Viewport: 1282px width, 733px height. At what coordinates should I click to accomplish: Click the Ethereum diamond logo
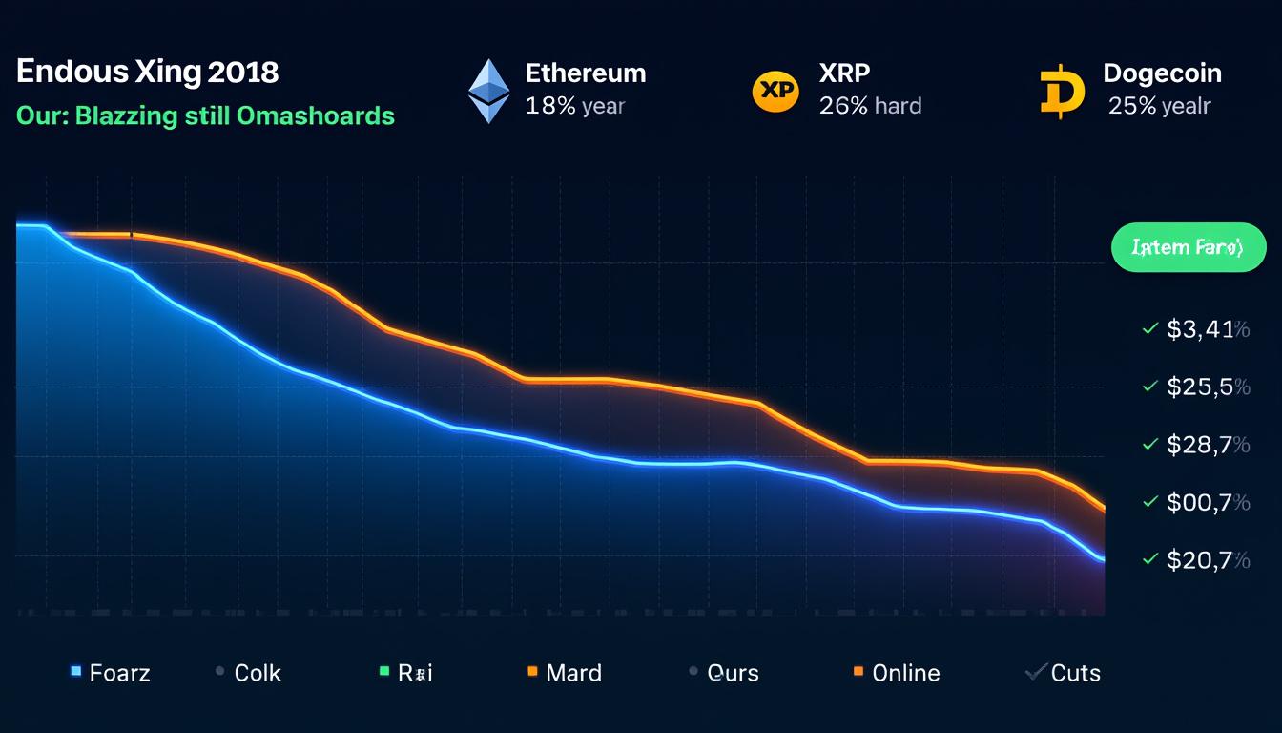488,91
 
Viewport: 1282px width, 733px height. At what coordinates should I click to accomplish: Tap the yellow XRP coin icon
775,91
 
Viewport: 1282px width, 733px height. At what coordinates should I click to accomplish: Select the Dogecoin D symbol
1062,92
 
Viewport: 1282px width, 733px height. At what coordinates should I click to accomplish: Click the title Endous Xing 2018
148,73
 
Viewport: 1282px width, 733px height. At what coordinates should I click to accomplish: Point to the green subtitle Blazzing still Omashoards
205,116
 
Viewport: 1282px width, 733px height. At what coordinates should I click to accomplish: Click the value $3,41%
1208,330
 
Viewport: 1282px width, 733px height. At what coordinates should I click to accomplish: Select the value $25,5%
1208,387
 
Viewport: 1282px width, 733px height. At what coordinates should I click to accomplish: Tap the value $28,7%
1208,445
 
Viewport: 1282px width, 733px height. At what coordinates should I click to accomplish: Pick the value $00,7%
1208,502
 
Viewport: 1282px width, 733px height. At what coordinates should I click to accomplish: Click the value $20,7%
1208,559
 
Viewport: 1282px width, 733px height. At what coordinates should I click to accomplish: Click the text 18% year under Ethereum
574,106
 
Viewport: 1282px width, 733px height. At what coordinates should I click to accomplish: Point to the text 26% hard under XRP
870,106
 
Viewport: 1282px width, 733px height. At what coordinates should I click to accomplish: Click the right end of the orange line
1104,509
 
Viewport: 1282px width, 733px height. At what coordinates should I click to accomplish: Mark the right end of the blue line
1103,559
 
